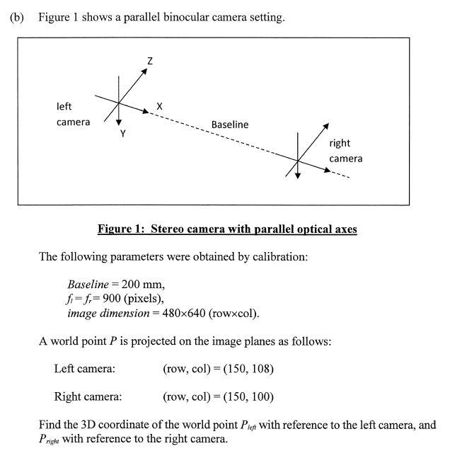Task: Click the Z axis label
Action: pos(149,62)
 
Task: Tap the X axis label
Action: pos(159,106)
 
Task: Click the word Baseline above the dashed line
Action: pos(230,125)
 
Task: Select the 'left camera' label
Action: pos(73,115)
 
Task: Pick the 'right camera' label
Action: pos(345,151)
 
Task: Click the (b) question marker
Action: pos(16,17)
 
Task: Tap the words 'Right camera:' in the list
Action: pos(88,396)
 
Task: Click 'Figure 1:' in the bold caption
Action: pos(123,229)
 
